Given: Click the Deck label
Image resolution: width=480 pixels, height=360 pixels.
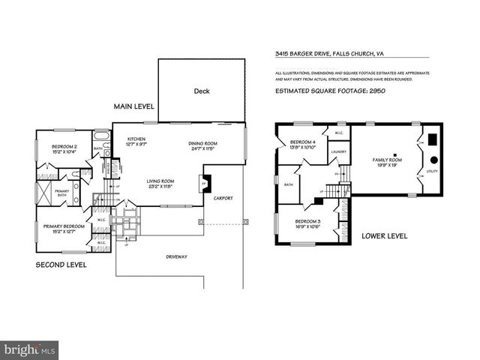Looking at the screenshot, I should [202, 91].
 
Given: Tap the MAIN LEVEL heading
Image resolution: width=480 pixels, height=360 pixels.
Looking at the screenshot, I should [134, 107].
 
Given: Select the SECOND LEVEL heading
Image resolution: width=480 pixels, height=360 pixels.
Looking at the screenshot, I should [61, 265].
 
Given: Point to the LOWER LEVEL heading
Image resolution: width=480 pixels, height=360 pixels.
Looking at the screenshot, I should [384, 235].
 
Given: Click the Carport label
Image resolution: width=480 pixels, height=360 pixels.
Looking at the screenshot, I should [223, 198].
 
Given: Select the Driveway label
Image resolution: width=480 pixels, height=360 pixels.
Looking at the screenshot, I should [176, 256].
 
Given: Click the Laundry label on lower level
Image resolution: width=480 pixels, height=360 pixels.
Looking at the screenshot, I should [337, 151].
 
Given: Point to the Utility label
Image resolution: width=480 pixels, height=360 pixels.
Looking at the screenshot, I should [431, 172].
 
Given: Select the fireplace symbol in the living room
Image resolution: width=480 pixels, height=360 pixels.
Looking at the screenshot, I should [202, 183].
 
